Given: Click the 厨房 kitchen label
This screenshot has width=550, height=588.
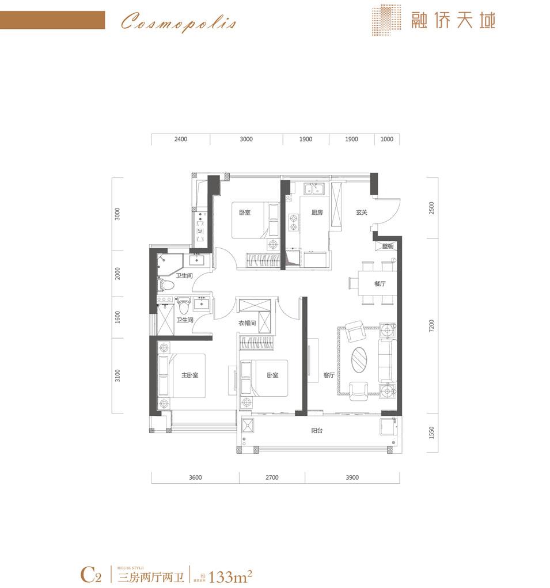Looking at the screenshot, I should [x=317, y=213].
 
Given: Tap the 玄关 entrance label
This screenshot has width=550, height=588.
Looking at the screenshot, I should [x=361, y=213].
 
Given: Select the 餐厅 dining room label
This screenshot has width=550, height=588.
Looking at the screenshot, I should [x=379, y=284].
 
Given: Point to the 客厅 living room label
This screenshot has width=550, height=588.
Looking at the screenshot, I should [x=329, y=375].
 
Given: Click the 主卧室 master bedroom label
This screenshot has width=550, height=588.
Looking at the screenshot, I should [x=190, y=375].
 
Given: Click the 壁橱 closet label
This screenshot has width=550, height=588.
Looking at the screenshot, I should [x=388, y=246].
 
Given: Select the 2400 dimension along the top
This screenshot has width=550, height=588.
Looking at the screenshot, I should [x=180, y=139].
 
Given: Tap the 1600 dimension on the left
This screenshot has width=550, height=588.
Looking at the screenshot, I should [x=117, y=317].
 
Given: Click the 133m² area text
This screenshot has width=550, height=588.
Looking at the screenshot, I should [x=232, y=575].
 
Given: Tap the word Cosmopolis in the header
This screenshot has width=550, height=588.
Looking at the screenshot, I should [x=178, y=24].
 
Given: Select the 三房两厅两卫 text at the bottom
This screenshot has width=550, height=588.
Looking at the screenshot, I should [x=151, y=576].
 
